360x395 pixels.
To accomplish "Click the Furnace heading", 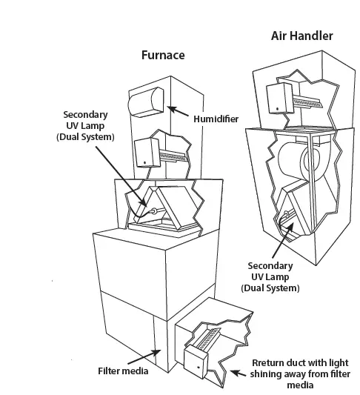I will click(163, 55).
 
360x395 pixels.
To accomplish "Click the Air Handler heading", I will click(301, 35).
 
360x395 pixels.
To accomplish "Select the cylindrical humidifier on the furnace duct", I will click(145, 104).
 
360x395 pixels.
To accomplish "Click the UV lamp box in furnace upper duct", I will click(145, 153).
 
